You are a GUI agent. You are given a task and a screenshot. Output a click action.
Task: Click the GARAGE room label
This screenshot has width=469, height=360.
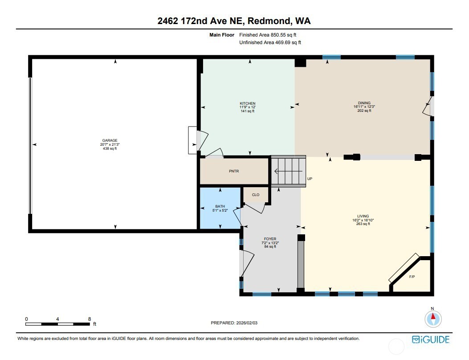click(x=109, y=140)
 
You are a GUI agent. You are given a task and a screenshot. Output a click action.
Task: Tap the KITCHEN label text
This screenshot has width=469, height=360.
click(x=247, y=103)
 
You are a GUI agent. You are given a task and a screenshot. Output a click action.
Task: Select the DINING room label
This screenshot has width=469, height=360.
click(x=364, y=103)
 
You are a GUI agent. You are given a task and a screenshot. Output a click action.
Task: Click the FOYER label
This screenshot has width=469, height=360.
click(x=270, y=239)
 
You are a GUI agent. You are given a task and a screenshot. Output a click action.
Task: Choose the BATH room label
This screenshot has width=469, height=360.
click(x=220, y=206)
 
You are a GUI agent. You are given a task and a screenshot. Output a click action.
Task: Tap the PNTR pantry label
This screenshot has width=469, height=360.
click(x=234, y=171)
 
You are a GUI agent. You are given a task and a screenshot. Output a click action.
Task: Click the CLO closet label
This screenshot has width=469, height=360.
click(x=256, y=195)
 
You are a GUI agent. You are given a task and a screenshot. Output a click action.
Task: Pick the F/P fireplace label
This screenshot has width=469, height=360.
click(x=412, y=277)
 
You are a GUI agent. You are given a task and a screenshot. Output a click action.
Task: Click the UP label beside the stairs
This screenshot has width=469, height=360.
click(x=310, y=180)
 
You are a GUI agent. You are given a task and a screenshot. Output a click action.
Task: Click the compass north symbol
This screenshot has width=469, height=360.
click(x=432, y=318)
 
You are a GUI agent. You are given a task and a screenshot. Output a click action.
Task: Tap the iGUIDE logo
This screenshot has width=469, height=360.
click(x=431, y=340)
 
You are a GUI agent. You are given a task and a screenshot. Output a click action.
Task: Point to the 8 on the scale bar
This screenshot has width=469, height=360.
click(x=90, y=319)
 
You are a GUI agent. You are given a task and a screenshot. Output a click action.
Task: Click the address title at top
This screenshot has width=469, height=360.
click(x=234, y=21)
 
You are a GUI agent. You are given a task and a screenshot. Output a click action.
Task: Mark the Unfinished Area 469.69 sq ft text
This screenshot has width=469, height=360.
click(x=270, y=43)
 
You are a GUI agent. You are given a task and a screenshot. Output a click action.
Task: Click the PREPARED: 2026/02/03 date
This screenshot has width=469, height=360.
click(x=234, y=323)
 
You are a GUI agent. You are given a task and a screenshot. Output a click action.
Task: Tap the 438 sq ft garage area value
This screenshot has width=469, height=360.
click(x=109, y=149)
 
